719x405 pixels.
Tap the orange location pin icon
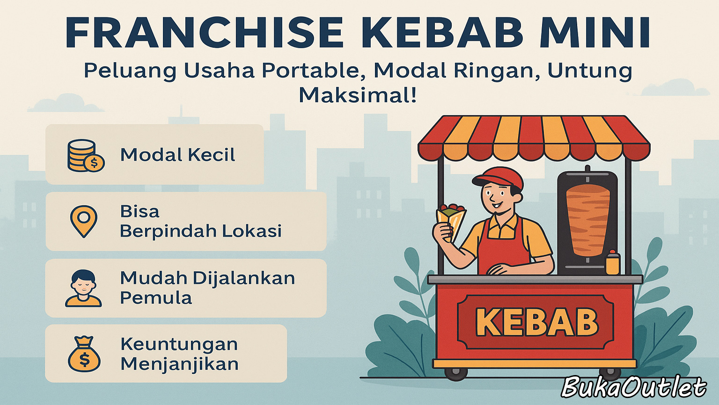coord(84,221)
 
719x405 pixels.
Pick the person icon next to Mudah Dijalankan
coord(83,288)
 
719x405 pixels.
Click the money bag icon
coord(84,354)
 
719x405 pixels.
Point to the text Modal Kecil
coord(177,155)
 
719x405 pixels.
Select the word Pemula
coord(156,298)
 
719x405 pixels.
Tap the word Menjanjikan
coord(179,364)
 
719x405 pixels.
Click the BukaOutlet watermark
coord(634,387)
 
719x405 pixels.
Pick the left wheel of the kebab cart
coord(456,374)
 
